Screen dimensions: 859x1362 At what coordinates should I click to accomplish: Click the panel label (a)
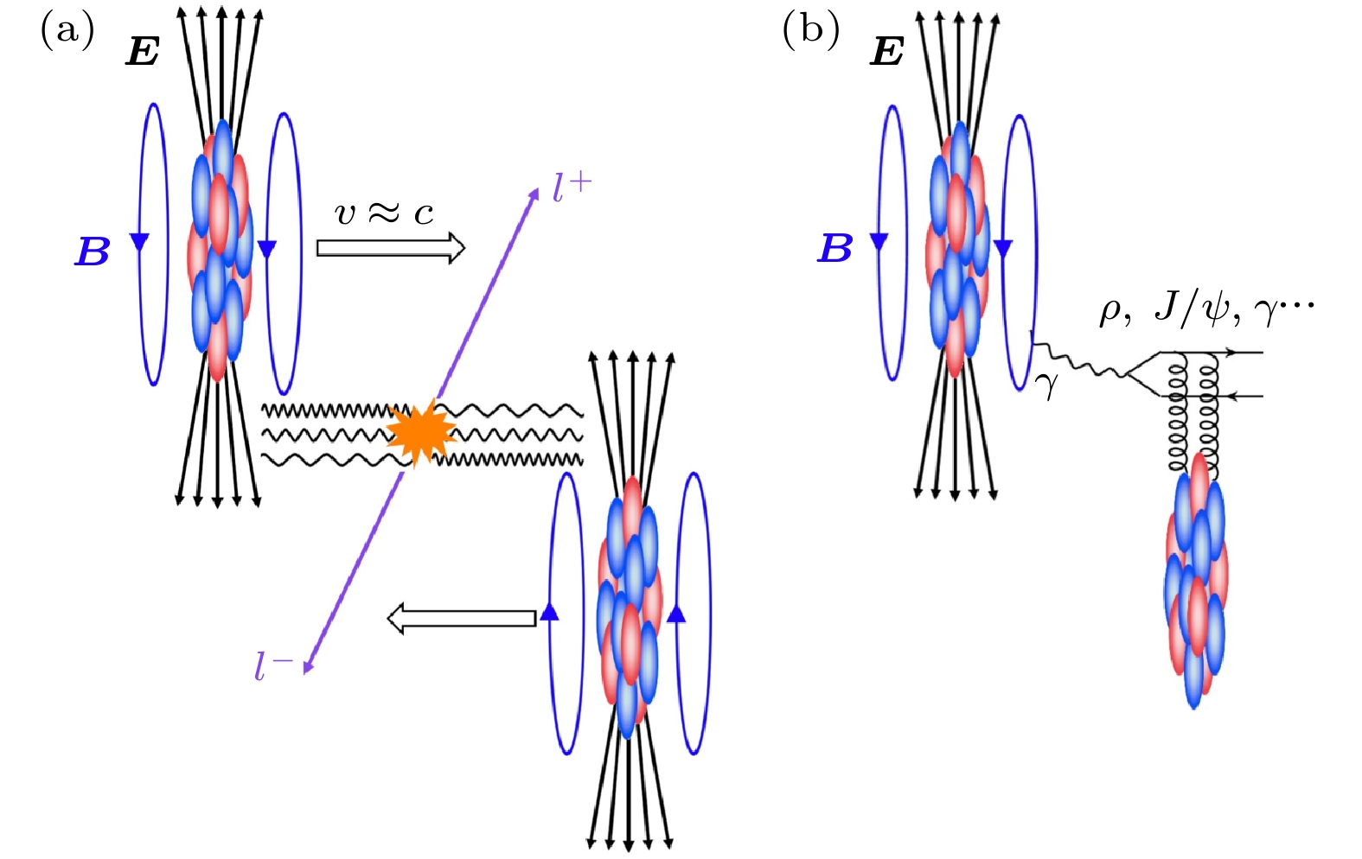click(x=67, y=31)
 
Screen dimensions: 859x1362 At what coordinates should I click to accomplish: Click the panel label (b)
click(x=810, y=31)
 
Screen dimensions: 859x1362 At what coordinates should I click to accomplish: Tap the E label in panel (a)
click(x=143, y=52)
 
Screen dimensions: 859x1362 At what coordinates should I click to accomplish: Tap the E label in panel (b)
click(x=887, y=52)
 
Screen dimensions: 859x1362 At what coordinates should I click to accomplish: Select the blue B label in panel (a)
click(x=93, y=251)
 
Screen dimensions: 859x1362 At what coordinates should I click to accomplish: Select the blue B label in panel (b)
click(x=835, y=249)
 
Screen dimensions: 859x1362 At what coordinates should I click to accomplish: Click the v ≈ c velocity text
click(x=384, y=212)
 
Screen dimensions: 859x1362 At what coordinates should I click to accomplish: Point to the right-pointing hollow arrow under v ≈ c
click(x=390, y=249)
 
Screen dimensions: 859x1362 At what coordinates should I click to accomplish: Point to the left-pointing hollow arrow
click(x=461, y=619)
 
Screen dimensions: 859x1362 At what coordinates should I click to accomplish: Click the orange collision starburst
click(x=421, y=432)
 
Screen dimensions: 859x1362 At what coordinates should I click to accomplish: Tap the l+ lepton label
click(x=572, y=188)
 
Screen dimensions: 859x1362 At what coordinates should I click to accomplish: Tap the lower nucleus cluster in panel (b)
click(x=1196, y=579)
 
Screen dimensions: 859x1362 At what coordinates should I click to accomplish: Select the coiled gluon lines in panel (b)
click(x=1193, y=415)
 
